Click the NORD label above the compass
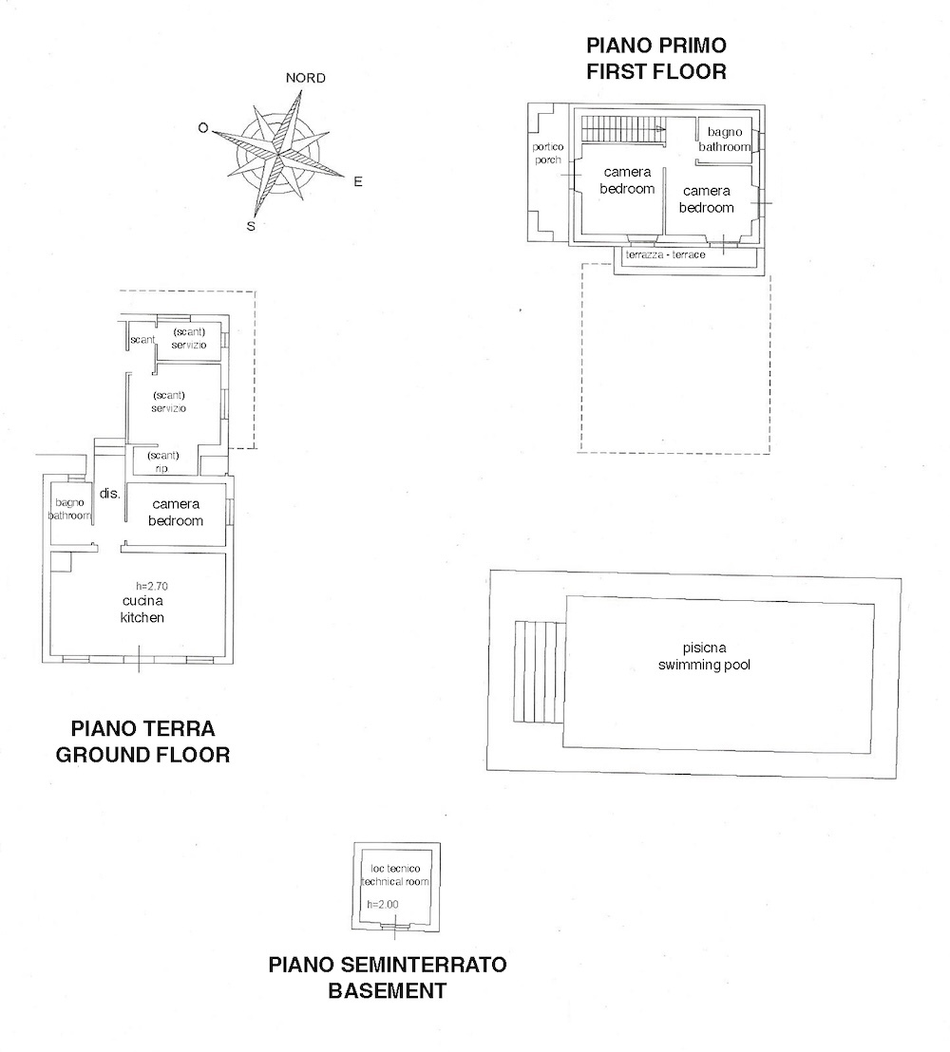pyautogui.click(x=305, y=78)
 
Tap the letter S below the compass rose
pyautogui.click(x=251, y=226)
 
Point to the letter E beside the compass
pyautogui.click(x=357, y=181)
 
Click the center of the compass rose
pyautogui.click(x=281, y=153)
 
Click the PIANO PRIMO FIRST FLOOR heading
pyautogui.click(x=655, y=58)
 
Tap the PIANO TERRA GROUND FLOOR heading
pyautogui.click(x=142, y=742)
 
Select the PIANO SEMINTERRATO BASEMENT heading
pyautogui.click(x=388, y=978)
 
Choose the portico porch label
pyautogui.click(x=548, y=153)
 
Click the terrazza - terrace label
pyautogui.click(x=665, y=255)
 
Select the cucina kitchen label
pyautogui.click(x=142, y=610)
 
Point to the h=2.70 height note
pyautogui.click(x=151, y=586)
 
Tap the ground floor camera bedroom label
pyautogui.click(x=176, y=513)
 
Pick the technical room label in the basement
pyautogui.click(x=394, y=875)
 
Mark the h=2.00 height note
pyautogui.click(x=382, y=904)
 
